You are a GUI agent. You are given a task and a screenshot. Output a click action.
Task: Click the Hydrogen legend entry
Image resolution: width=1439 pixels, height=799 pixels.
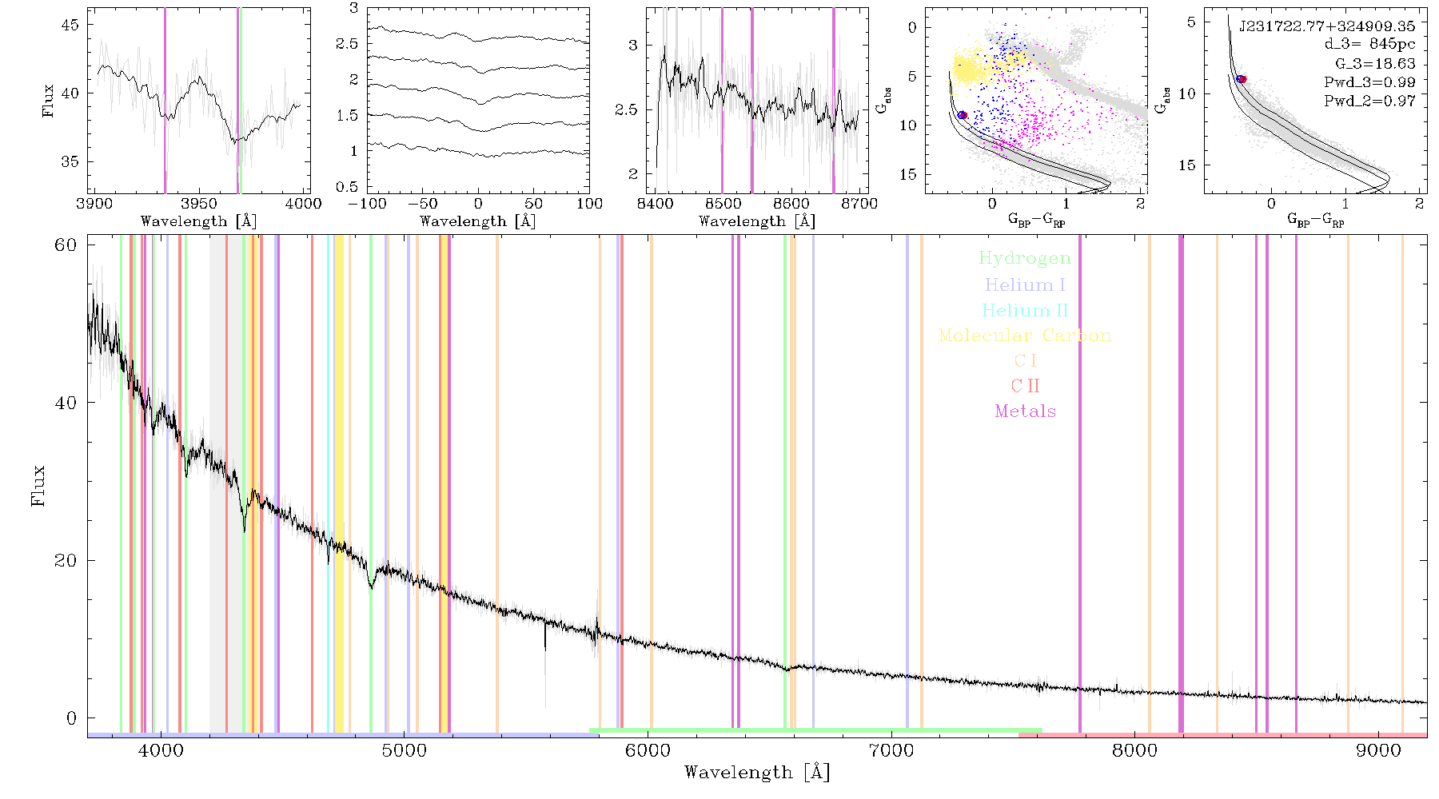tap(1024, 258)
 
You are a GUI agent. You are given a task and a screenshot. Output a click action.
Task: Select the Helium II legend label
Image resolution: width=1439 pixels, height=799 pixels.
tap(1025, 310)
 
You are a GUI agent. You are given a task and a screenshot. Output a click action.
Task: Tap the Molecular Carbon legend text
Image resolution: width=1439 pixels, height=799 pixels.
tap(1025, 336)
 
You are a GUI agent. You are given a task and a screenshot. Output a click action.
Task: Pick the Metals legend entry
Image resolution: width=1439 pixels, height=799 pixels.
tap(1026, 411)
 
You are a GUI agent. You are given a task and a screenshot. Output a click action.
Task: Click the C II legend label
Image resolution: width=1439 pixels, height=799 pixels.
tap(1026, 386)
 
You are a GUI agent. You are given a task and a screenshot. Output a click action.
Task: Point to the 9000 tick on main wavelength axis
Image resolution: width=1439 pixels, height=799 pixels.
tap(1378, 750)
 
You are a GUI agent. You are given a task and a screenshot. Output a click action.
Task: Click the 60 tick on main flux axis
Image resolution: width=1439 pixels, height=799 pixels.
tap(66, 245)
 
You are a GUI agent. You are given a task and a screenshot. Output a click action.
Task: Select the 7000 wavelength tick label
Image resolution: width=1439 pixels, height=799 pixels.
tap(891, 750)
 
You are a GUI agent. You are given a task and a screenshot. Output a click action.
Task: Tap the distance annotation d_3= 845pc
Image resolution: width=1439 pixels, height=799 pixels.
tap(1369, 45)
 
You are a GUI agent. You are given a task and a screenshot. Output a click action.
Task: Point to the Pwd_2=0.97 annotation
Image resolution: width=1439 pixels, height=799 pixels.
tap(1369, 101)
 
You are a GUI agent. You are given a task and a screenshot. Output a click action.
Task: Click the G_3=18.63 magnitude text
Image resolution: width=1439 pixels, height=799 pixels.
tap(1375, 64)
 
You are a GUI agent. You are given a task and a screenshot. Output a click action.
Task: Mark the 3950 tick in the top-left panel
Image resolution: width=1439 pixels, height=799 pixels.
tap(199, 203)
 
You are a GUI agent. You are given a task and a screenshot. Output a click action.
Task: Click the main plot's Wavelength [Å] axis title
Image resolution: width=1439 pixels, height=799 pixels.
tap(757, 773)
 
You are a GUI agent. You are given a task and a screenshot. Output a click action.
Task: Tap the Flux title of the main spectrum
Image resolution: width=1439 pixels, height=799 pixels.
tap(38, 485)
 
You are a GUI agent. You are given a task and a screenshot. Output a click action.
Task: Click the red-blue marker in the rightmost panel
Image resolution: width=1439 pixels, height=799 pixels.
tap(1242, 79)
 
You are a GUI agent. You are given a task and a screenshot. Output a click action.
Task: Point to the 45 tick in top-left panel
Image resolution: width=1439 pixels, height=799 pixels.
tap(70, 25)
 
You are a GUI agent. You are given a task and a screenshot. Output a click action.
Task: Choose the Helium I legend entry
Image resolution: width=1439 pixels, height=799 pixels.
tap(1025, 284)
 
